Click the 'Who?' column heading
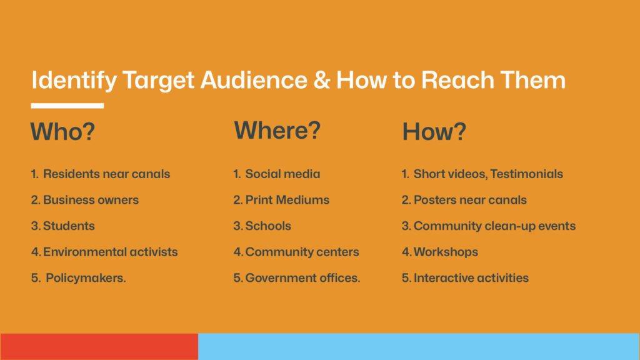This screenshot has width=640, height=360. point(62,131)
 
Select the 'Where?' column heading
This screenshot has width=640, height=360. point(277,131)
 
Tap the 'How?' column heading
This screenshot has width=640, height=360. point(434,132)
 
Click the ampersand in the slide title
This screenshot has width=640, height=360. point(322,80)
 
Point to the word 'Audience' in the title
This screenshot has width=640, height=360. point(254,80)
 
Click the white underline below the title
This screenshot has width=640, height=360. point(67,106)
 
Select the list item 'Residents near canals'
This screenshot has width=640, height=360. point(106,174)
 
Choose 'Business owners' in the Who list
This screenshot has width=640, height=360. point(91,200)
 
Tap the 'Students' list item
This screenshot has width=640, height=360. point(69,226)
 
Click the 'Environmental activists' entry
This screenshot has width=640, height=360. point(111,252)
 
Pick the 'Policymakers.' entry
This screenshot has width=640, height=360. point(86,278)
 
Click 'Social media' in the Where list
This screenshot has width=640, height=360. point(282,174)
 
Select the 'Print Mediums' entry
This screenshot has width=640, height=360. point(287,200)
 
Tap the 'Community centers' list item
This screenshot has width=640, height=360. point(302,252)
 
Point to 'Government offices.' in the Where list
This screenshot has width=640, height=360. point(302,278)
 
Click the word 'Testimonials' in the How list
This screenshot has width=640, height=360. point(526,174)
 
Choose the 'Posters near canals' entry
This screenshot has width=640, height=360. point(470,200)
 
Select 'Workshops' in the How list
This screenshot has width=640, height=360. point(446,252)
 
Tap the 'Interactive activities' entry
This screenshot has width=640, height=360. point(471,278)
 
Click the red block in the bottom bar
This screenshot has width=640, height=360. point(99,346)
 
